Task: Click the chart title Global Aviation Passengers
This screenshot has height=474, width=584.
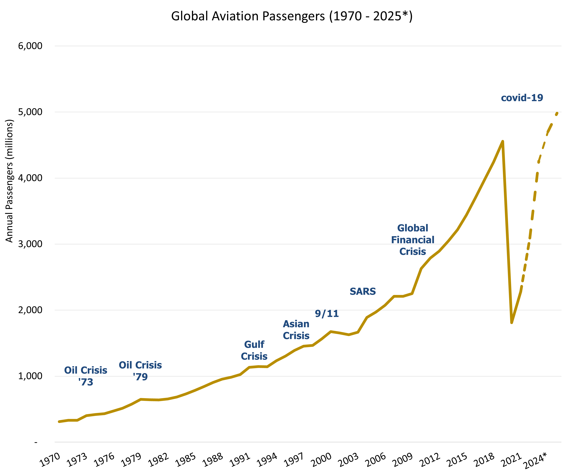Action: click(292, 16)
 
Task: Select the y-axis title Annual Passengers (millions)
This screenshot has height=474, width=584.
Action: click(9, 181)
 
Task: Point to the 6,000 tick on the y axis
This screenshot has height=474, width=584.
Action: click(30, 46)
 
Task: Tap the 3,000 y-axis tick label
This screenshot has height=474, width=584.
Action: click(30, 244)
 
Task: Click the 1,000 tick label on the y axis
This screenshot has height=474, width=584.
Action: click(30, 376)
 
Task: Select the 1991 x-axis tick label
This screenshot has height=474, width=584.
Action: click(240, 460)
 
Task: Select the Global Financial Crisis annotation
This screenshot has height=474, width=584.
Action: click(412, 240)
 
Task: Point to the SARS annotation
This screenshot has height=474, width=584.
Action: click(363, 291)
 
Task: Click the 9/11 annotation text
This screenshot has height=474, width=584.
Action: click(327, 314)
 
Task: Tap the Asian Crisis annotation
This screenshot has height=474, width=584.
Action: click(296, 330)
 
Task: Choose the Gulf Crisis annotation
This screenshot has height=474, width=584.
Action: click(254, 350)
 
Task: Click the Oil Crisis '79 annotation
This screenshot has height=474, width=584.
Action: click(140, 371)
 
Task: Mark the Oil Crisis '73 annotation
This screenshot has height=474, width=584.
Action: click(86, 376)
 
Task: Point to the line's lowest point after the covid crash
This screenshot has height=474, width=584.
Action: click(511, 322)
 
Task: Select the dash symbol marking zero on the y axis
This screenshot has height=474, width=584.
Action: click(36, 442)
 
